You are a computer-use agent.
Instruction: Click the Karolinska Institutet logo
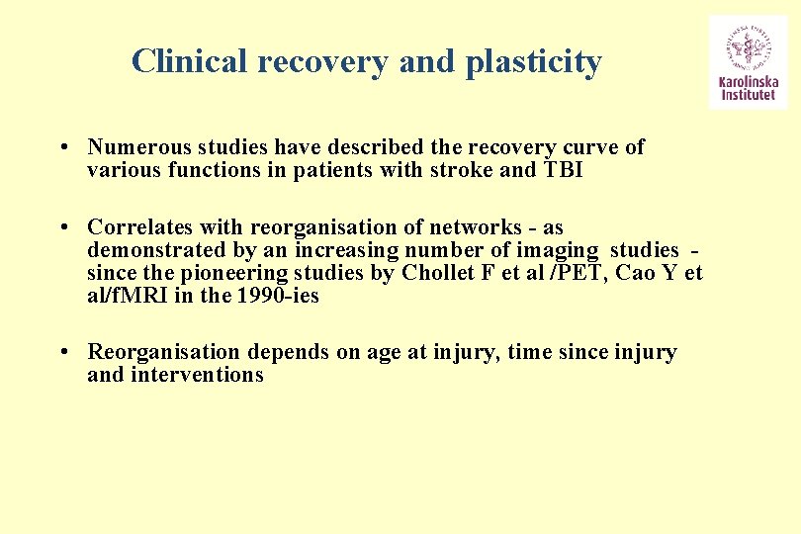tap(748, 61)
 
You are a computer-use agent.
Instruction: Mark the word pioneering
tap(232, 273)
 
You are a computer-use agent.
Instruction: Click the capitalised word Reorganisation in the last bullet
tap(164, 352)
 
